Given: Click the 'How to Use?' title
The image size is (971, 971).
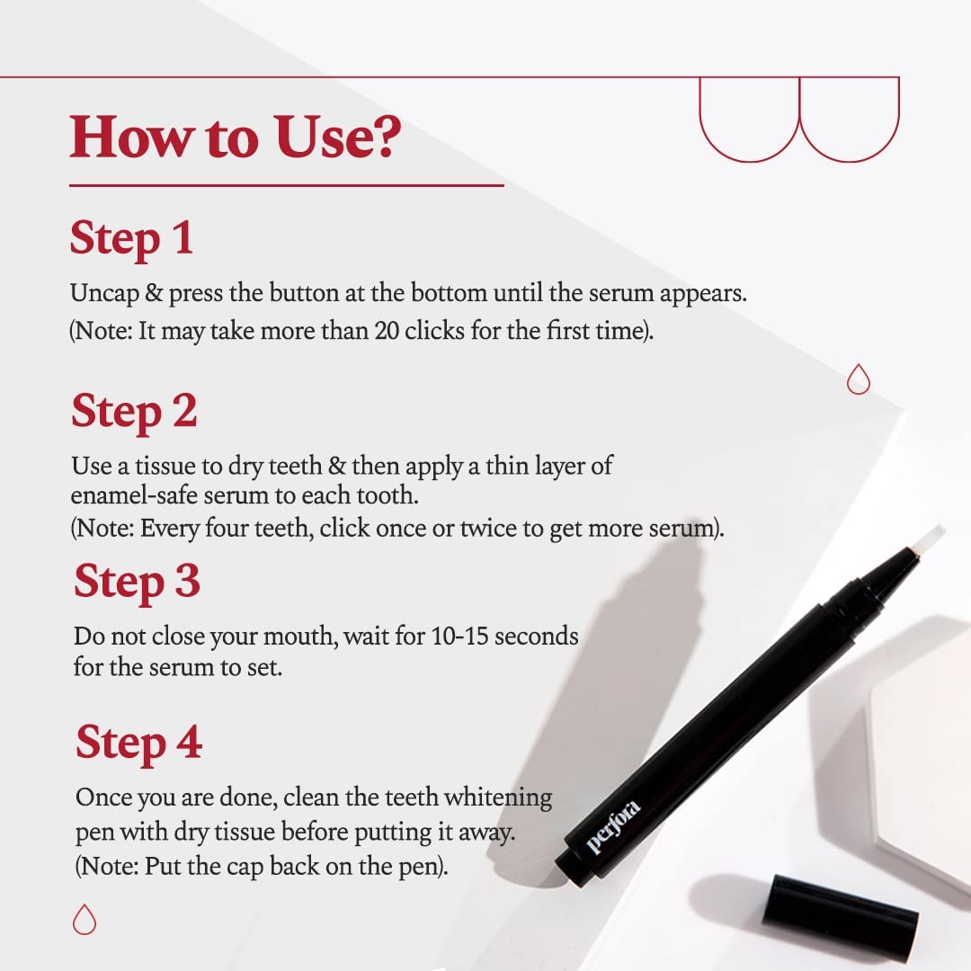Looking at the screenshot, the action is [x=236, y=138].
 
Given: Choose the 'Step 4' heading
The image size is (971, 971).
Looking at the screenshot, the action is [x=139, y=744].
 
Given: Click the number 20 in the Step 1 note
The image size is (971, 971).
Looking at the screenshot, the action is [x=387, y=331].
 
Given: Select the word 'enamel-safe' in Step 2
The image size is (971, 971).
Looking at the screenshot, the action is [x=134, y=495].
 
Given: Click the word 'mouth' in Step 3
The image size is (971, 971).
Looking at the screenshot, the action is [x=306, y=637].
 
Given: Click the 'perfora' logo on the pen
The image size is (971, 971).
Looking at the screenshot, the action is [x=613, y=827].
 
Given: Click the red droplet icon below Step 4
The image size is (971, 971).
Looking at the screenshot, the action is [x=85, y=920].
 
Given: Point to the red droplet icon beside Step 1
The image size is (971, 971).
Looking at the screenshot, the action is [x=859, y=379].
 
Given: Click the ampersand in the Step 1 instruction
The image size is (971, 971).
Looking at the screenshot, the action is [x=154, y=293].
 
